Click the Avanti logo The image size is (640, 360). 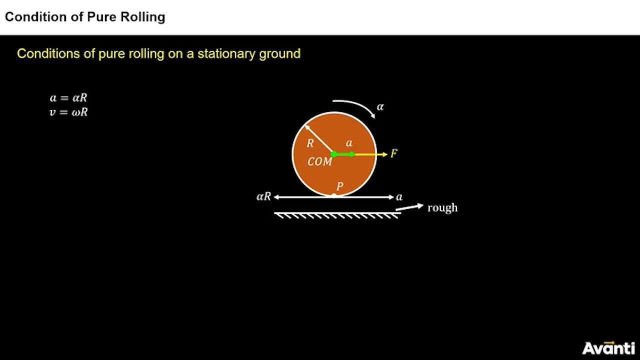click(608, 347)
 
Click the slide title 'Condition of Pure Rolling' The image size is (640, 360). click(85, 17)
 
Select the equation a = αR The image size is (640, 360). click(68, 98)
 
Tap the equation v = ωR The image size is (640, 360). click(68, 112)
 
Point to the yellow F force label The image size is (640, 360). click(394, 153)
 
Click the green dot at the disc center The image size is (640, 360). click(334, 154)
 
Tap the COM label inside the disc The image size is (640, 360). click(319, 162)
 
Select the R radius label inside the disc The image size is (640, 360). click(310, 143)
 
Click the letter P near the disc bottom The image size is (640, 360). click(340, 186)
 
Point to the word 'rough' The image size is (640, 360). click(442, 207)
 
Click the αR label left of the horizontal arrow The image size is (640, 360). click(263, 197)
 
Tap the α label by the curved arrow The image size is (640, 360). click(380, 106)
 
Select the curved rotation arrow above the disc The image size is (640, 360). click(355, 106)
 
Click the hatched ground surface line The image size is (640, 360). click(337, 214)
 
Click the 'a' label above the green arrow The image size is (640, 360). click(349, 143)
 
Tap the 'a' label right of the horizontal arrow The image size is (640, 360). click(399, 197)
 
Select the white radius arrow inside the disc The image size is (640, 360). click(319, 139)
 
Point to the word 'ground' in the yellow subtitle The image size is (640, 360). click(279, 54)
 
